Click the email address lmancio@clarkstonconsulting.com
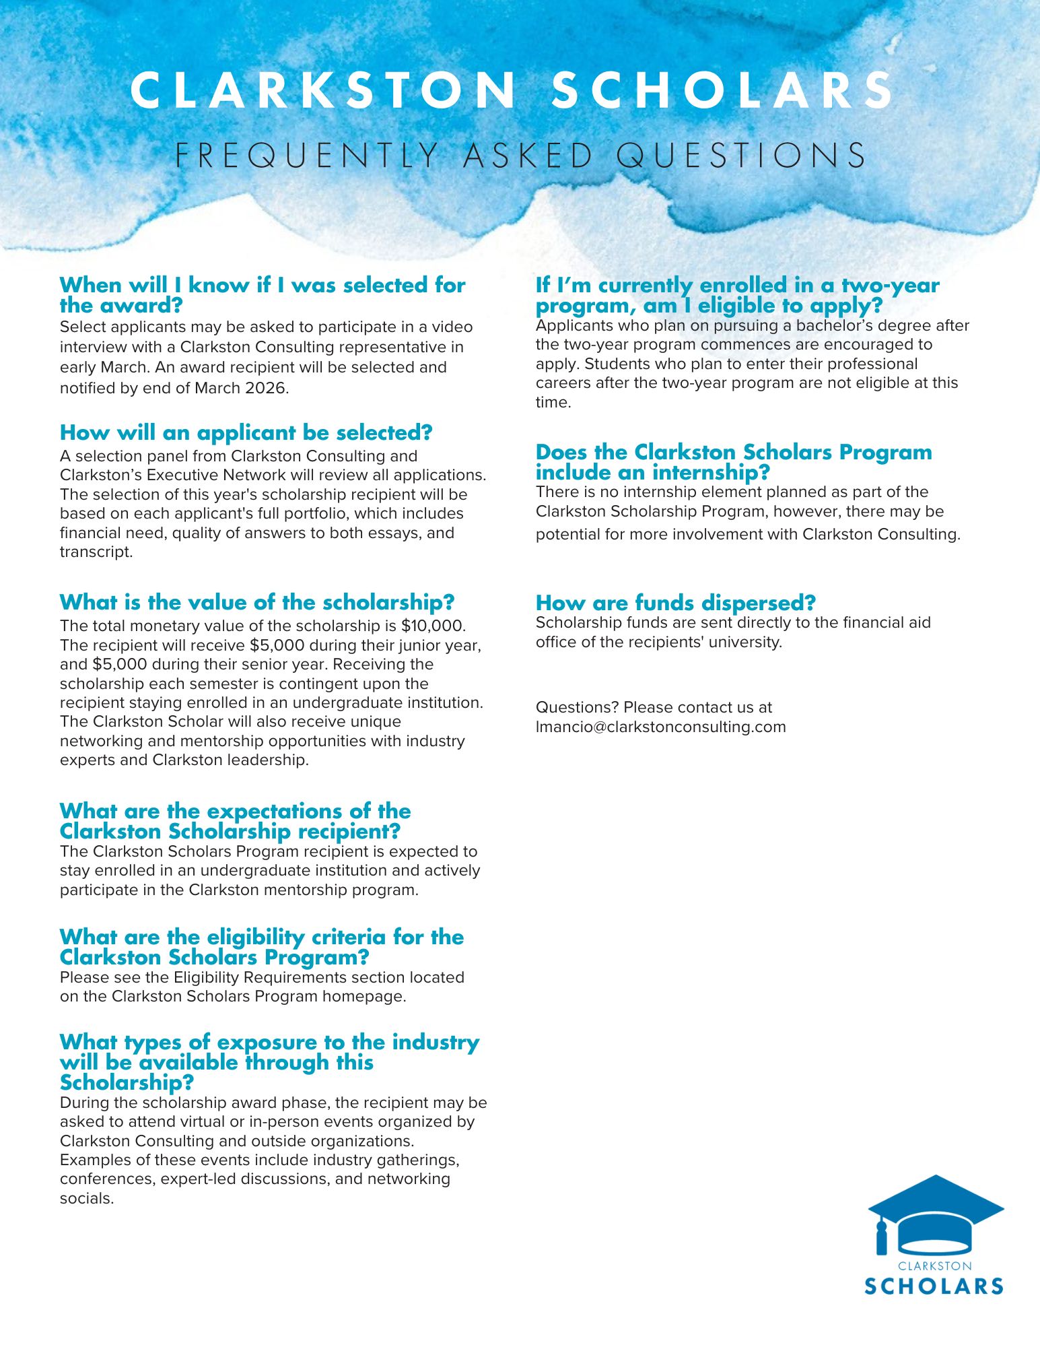click(660, 727)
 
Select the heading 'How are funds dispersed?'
click(675, 602)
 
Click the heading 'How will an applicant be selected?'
click(246, 432)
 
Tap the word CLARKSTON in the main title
click(322, 91)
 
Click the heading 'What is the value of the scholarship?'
click(256, 601)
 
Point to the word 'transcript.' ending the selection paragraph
click(96, 552)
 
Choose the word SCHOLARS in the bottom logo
click(934, 1286)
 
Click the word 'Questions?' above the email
click(577, 707)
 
